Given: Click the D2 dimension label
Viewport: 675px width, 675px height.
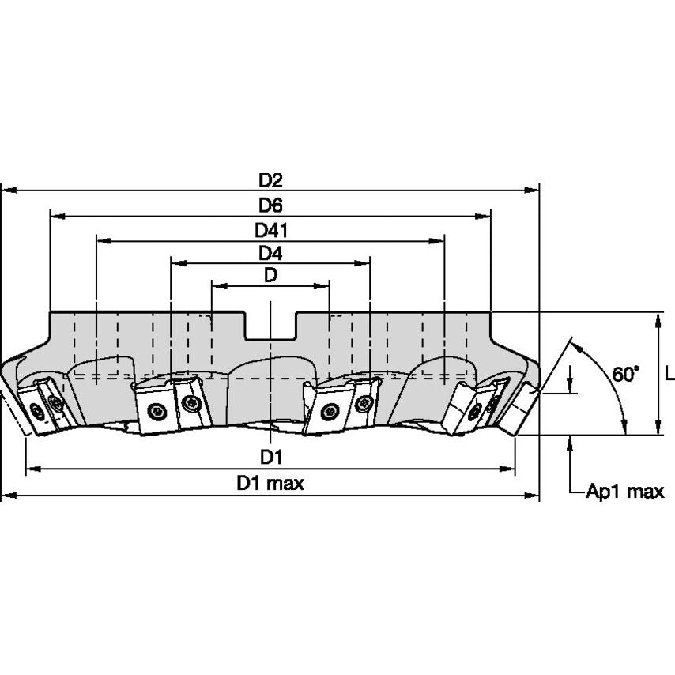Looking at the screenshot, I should (x=270, y=179).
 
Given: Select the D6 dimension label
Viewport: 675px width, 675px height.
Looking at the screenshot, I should (x=270, y=205).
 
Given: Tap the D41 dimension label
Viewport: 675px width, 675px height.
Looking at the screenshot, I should (x=270, y=229).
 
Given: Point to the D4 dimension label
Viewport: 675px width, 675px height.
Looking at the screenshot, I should (x=270, y=253).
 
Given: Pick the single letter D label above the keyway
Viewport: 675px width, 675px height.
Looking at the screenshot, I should (x=270, y=275).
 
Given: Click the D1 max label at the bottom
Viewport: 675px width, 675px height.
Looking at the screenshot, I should (x=270, y=484).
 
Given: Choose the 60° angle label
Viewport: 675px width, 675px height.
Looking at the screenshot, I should (x=625, y=374).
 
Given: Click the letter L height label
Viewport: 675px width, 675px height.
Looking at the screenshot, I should (x=669, y=374).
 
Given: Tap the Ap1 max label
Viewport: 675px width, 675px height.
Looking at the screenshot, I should (x=624, y=492).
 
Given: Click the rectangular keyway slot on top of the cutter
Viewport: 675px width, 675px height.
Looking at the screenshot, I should (x=270, y=326).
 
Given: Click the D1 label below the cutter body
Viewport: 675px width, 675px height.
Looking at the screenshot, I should (x=270, y=458).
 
